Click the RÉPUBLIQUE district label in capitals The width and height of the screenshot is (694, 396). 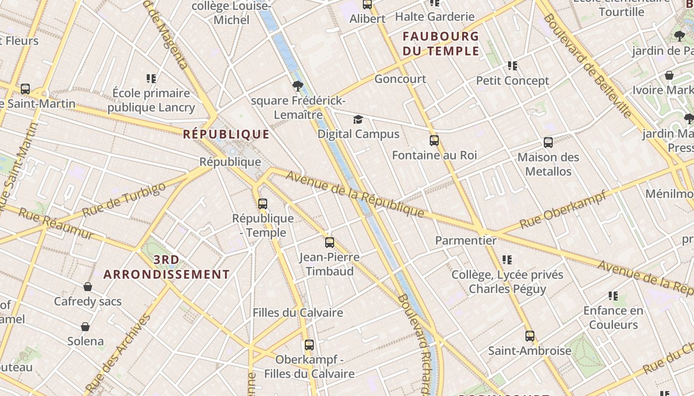pyautogui.click(x=226, y=134)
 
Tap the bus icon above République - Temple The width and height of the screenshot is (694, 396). pyautogui.click(x=263, y=203)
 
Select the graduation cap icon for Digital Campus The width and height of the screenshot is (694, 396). pyautogui.click(x=358, y=119)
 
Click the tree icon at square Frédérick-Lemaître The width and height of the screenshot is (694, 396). pyautogui.click(x=297, y=86)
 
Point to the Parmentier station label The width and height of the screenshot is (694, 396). pyautogui.click(x=465, y=241)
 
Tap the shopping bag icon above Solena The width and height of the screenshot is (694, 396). pyautogui.click(x=85, y=327)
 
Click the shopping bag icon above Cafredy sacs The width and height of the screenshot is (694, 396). pyautogui.click(x=88, y=287)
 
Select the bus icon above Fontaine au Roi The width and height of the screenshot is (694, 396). pyautogui.click(x=434, y=141)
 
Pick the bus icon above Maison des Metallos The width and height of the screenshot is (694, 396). pyautogui.click(x=548, y=143)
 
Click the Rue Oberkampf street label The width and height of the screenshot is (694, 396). pyautogui.click(x=563, y=210)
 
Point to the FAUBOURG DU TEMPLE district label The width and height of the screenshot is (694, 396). pyautogui.click(x=441, y=44)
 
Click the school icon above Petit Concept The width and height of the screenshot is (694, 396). pyautogui.click(x=513, y=65)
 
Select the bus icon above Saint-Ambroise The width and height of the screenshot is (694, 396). pyautogui.click(x=529, y=336)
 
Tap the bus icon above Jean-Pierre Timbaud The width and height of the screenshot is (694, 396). pyautogui.click(x=330, y=243)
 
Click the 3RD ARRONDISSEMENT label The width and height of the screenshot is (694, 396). pyautogui.click(x=167, y=267)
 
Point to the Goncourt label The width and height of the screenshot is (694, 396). pyautogui.click(x=400, y=79)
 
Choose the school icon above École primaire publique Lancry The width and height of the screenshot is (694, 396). pyautogui.click(x=151, y=78)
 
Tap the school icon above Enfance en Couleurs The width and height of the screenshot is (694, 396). pyautogui.click(x=613, y=296)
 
